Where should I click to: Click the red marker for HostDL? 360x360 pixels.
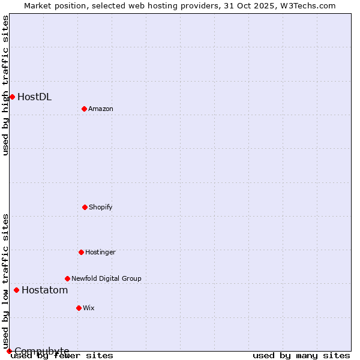click(x=12, y=97)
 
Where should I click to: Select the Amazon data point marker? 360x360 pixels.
click(x=84, y=109)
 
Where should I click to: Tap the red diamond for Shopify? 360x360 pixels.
click(x=85, y=207)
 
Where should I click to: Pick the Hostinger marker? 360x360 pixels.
click(x=81, y=252)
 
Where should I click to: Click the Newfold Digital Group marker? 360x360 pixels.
click(x=67, y=278)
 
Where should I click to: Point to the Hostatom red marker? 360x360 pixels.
click(x=16, y=290)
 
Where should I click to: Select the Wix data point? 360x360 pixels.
click(x=79, y=308)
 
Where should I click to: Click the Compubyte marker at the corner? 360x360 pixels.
click(x=9, y=351)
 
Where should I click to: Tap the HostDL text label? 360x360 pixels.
click(x=34, y=97)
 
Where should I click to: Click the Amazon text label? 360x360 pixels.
click(x=101, y=109)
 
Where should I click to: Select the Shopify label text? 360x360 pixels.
click(x=101, y=207)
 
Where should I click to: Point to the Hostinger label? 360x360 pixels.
click(x=100, y=252)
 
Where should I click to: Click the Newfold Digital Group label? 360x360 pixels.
click(x=106, y=278)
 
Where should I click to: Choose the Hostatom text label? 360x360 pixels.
click(x=44, y=290)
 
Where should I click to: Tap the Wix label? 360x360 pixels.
click(x=89, y=308)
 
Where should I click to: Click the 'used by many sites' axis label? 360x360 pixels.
click(x=301, y=355)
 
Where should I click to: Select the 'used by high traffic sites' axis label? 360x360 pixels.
click(x=5, y=85)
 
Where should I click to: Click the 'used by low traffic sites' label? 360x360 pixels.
click(x=5, y=281)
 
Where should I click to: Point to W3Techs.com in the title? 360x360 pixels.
click(x=306, y=5)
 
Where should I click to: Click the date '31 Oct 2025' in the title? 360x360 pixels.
click(x=246, y=5)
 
